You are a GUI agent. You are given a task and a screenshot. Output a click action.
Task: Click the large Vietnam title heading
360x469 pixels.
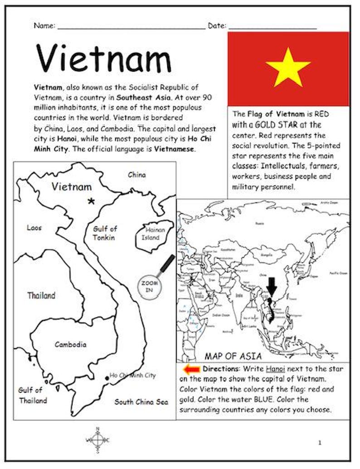pos(104,59)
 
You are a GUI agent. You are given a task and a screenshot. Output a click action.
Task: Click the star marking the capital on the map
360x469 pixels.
pos(92,201)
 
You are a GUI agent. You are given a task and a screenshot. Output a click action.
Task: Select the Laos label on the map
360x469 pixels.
pos(34,227)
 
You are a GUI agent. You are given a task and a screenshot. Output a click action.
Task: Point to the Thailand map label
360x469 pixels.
pos(41,295)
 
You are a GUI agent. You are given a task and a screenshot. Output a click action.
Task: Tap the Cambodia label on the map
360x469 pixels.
pos(70,344)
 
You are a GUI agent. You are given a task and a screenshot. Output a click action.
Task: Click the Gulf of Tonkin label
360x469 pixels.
pos(105,233)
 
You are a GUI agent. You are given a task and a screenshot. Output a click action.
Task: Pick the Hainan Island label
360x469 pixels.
pos(153,233)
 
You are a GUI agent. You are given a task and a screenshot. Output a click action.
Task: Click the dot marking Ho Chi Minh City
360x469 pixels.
pos(106,377)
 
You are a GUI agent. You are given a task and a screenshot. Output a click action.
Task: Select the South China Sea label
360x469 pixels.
pos(141,401)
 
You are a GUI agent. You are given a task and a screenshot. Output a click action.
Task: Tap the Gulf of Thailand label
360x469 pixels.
pos(32,395)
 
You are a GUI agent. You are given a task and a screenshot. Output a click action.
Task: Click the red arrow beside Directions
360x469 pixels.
pos(191,369)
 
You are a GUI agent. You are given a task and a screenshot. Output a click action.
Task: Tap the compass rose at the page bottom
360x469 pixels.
pos(97,440)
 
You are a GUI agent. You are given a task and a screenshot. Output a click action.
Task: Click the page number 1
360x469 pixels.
pos(320,443)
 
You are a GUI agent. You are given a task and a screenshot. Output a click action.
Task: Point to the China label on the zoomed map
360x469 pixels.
pos(136,174)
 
